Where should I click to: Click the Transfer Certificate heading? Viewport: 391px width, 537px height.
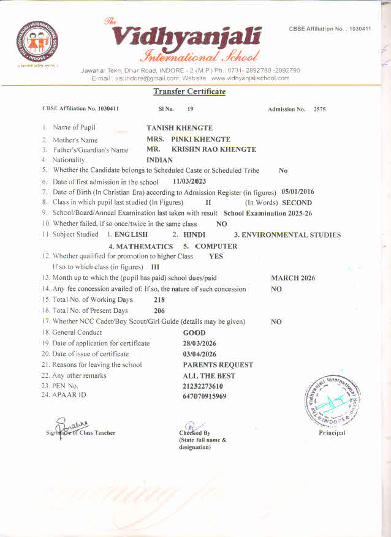(189, 92)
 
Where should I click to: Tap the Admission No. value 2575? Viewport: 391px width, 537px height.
(319, 110)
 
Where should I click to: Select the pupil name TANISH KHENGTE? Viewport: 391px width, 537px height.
(180, 128)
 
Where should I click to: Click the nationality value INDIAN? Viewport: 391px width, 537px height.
(160, 160)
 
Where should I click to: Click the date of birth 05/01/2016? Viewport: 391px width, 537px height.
(297, 192)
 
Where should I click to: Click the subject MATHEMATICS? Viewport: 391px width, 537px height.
(145, 246)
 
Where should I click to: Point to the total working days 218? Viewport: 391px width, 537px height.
(159, 299)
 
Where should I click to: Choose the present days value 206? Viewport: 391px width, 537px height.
(159, 310)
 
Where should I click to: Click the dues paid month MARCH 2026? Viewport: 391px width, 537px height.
(293, 278)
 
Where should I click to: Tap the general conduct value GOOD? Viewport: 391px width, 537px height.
(194, 332)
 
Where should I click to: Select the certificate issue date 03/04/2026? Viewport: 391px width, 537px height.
(200, 354)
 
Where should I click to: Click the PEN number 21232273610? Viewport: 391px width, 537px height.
(203, 386)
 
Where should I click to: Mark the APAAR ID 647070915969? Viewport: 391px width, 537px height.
(205, 396)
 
